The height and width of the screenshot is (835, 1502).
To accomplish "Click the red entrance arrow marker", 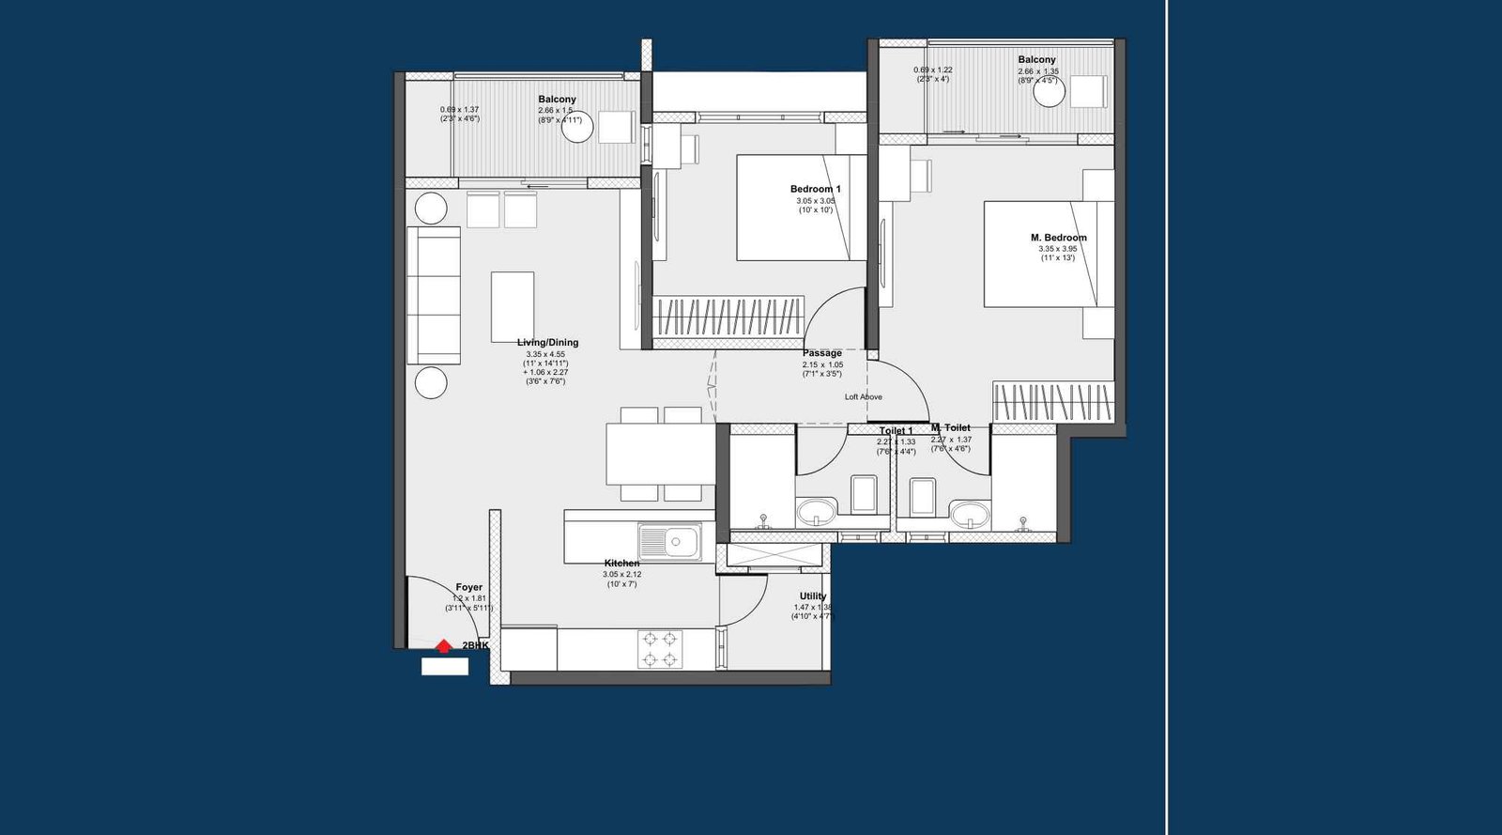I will pyautogui.click(x=443, y=646).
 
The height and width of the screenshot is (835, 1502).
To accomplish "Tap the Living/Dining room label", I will pyautogui.click(x=547, y=343).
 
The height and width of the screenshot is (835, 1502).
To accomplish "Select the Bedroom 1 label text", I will pyautogui.click(x=815, y=189).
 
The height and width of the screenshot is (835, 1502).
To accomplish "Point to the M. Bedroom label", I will pyautogui.click(x=1058, y=238).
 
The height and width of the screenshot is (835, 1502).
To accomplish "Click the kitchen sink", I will pyautogui.click(x=669, y=542).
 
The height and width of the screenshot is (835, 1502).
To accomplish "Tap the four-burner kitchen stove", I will pyautogui.click(x=660, y=649).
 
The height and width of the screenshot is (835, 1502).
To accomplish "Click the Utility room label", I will pyautogui.click(x=813, y=596).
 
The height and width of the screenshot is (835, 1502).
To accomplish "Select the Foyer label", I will pyautogui.click(x=468, y=587).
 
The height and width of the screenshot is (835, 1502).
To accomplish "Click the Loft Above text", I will pyautogui.click(x=863, y=397).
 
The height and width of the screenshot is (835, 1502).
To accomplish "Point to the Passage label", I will pyautogui.click(x=821, y=353).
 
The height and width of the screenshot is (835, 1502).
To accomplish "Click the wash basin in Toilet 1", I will pyautogui.click(x=816, y=513).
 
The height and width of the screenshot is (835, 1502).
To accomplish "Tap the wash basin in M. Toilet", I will pyautogui.click(x=968, y=515).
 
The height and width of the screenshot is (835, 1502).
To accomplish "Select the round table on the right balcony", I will pyautogui.click(x=1049, y=92).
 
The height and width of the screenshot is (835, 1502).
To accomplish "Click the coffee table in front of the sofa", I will pyautogui.click(x=513, y=307).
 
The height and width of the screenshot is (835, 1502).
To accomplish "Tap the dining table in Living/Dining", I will pyautogui.click(x=660, y=455).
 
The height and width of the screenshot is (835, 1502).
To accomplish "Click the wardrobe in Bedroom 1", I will pyautogui.click(x=728, y=317).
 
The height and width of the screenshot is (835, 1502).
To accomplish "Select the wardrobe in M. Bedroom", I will pyautogui.click(x=1052, y=402).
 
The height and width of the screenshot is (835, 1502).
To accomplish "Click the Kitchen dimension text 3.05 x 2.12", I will pyautogui.click(x=621, y=574).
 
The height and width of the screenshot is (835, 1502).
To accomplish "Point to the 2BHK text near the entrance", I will pyautogui.click(x=475, y=645).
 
